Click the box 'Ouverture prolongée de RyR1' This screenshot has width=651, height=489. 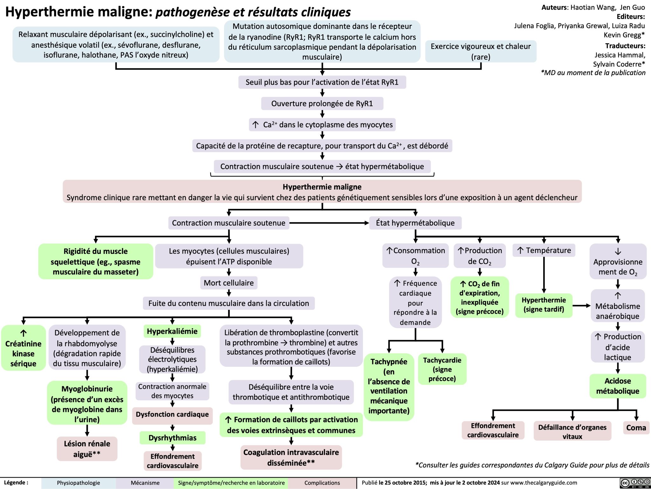point(322,103)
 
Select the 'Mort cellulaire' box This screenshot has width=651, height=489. point(229,283)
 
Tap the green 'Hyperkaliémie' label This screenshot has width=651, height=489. point(172,331)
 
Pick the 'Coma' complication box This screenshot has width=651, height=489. point(636,428)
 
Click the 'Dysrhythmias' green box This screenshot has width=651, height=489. point(172,438)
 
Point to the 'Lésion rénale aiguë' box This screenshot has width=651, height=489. point(87,449)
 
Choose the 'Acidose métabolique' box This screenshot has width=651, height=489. point(617,386)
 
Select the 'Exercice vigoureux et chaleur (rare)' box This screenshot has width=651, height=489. point(480,51)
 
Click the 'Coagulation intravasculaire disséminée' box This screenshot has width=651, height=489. point(291,457)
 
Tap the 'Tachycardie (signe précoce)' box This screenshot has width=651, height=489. point(442,369)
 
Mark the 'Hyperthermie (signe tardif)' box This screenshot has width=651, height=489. point(544,304)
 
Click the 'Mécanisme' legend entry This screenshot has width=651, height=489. point(145,483)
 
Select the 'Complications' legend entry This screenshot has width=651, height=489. point(322,483)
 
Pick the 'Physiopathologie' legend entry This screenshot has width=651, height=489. point(78,483)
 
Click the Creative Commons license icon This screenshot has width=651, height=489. point(634,483)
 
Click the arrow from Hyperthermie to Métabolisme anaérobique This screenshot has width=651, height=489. point(582,306)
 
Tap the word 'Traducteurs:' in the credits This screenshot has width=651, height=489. point(625,46)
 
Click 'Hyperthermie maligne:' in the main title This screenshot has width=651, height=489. point(79,12)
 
